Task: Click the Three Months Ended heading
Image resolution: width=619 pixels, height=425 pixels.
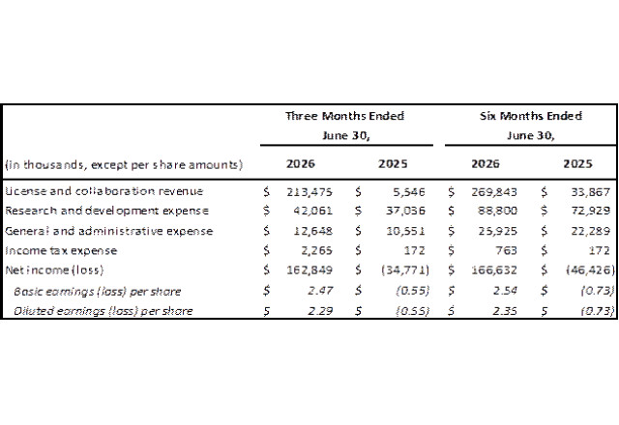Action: (x=344, y=116)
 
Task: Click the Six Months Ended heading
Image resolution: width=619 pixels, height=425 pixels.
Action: (x=531, y=116)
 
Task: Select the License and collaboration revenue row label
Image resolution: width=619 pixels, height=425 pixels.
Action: (x=104, y=191)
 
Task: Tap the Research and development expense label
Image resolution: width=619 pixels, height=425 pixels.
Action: (x=106, y=211)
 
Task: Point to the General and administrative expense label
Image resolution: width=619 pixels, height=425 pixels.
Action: (x=109, y=231)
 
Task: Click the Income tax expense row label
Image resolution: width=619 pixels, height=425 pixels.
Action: (x=61, y=250)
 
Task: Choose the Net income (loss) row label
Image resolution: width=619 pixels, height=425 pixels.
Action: (x=54, y=270)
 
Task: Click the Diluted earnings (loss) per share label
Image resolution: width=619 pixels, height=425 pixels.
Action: (x=103, y=311)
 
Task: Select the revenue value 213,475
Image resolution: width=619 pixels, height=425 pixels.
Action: (x=309, y=192)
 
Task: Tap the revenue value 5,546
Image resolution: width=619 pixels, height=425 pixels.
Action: (x=409, y=192)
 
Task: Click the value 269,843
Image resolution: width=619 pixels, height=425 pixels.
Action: (x=494, y=192)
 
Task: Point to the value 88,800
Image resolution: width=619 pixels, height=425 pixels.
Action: (x=497, y=211)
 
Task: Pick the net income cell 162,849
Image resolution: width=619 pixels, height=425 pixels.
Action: (x=309, y=270)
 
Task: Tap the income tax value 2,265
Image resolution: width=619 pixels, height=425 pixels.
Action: (x=316, y=250)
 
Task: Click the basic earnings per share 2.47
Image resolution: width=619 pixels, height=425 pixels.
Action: (x=320, y=291)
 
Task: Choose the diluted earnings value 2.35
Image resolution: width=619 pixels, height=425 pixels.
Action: (x=505, y=311)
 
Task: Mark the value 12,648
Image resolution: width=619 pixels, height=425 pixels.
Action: (x=313, y=231)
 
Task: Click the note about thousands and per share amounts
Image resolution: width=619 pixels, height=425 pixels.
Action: (x=124, y=164)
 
